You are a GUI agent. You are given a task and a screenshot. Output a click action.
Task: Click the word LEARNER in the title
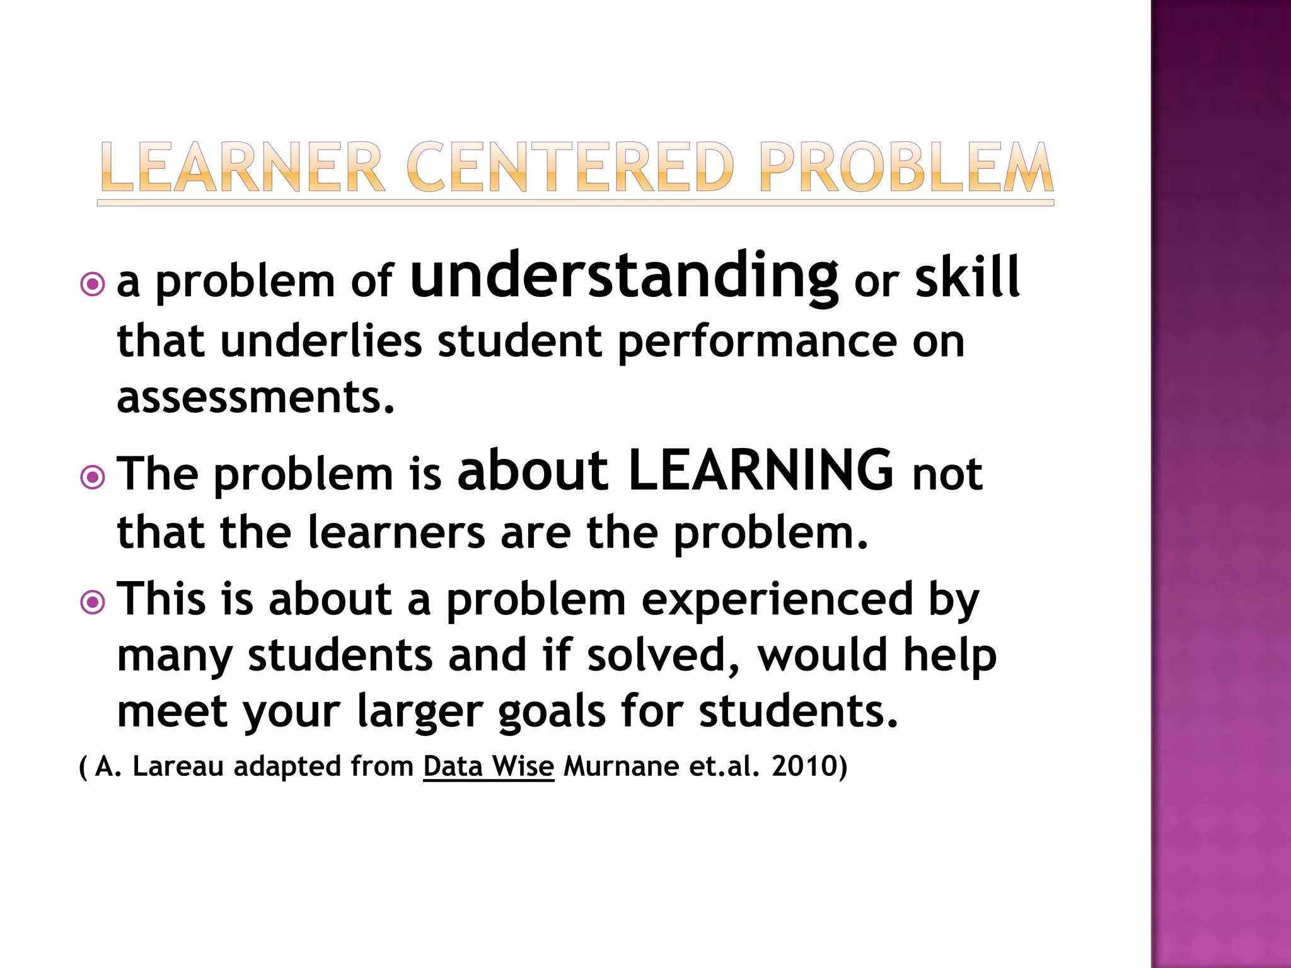[x=242, y=167]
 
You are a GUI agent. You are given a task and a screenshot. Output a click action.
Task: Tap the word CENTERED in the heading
[x=570, y=167]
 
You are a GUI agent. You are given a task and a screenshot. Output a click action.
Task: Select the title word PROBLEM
[x=906, y=167]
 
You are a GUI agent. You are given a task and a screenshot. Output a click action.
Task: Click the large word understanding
[x=623, y=276]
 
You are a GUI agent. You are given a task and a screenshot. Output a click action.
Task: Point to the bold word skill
[x=967, y=278]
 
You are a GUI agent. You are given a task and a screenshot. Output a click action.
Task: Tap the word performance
[x=757, y=342]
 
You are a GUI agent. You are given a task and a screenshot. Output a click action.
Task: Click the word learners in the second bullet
[x=397, y=533]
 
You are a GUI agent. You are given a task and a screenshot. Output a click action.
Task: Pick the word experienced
[x=777, y=599]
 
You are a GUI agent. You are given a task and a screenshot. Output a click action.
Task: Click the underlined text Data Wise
[x=489, y=766]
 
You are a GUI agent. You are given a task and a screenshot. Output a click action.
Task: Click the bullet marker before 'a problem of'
[x=93, y=284]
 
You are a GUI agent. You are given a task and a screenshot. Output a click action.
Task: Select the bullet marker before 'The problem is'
[x=93, y=477]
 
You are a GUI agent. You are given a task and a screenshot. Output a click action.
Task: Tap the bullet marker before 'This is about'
[x=93, y=602]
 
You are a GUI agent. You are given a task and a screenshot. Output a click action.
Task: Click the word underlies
[x=321, y=342]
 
